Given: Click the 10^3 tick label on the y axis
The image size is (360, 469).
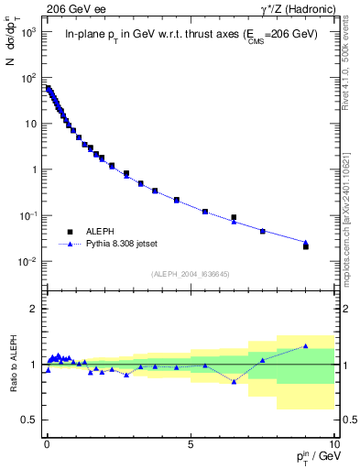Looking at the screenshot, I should click(28, 31).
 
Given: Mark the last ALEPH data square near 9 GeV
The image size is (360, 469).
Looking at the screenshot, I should click(306, 246).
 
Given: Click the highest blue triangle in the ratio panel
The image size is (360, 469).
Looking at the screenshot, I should click(306, 346).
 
